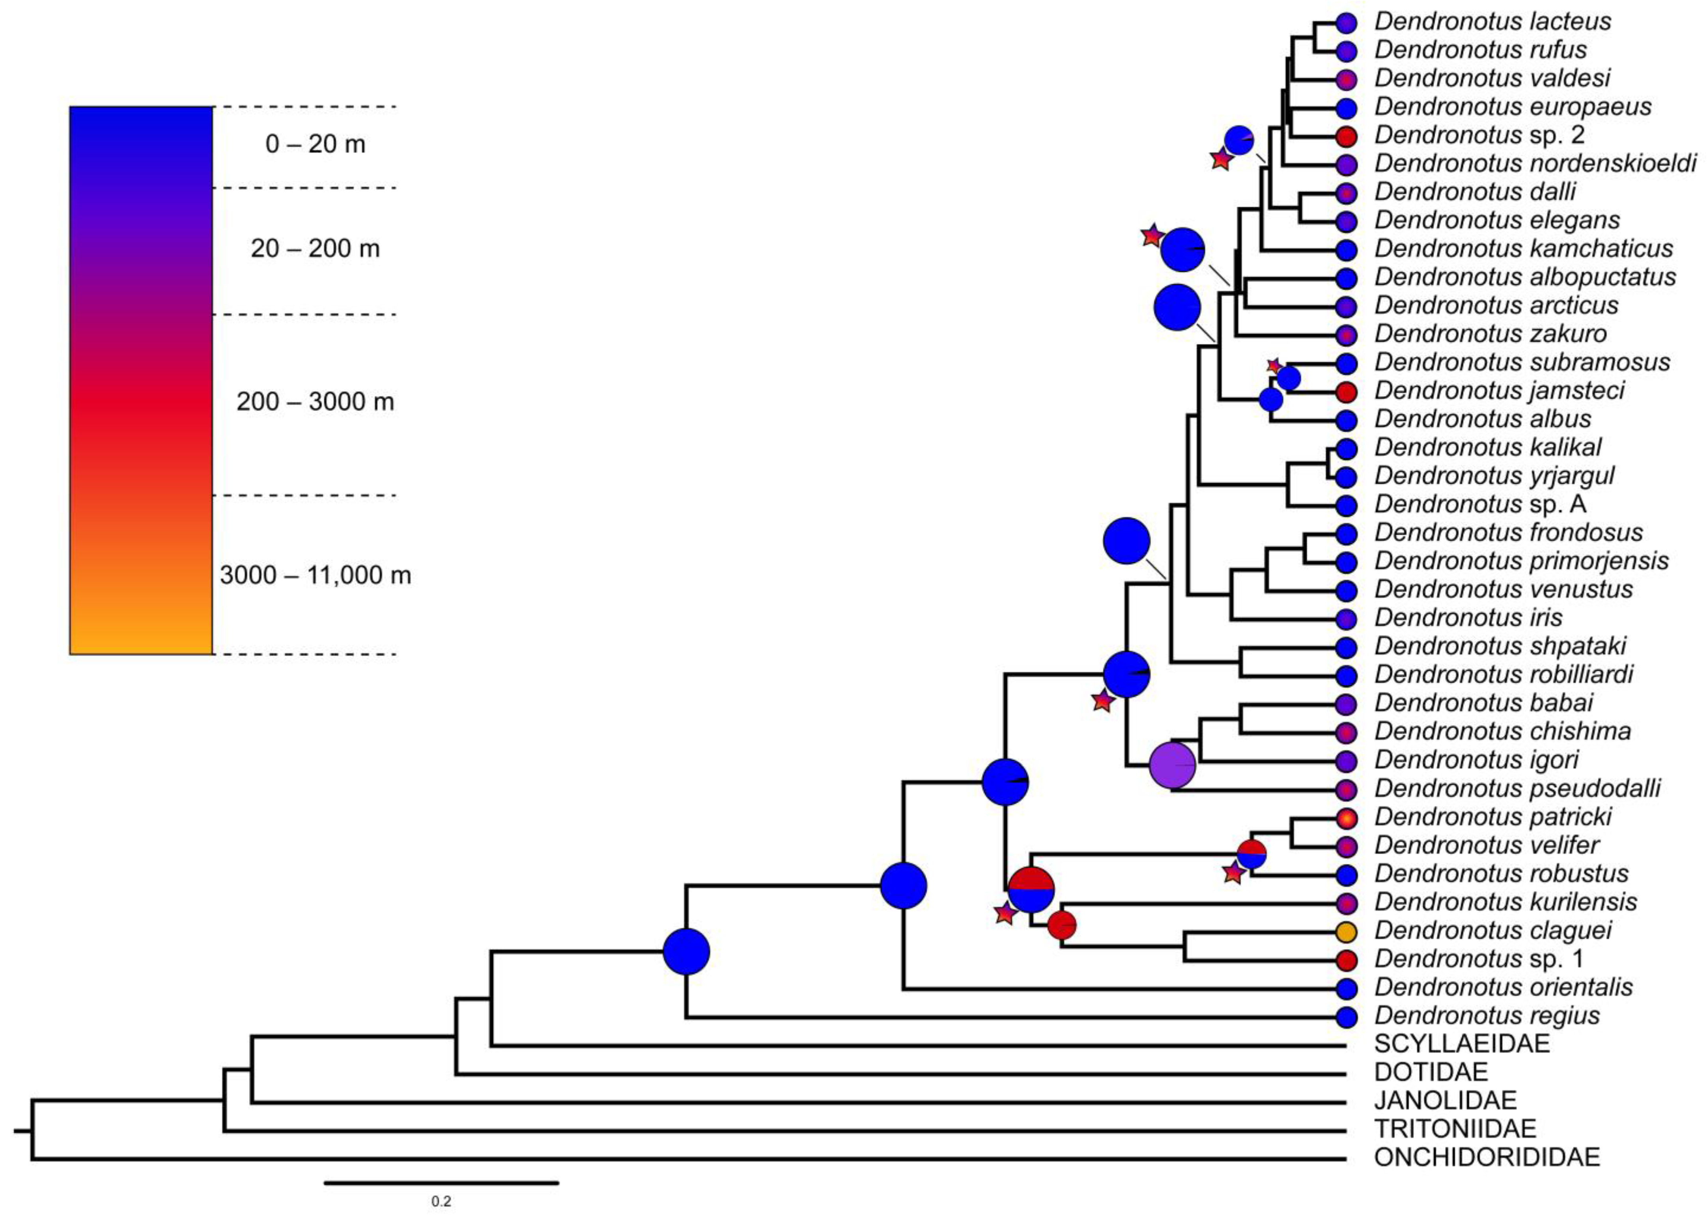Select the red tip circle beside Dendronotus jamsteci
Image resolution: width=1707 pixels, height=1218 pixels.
click(x=1347, y=391)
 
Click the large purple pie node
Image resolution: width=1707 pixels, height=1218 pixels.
click(x=1172, y=765)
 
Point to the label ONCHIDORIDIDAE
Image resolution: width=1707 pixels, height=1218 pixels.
click(x=1487, y=1157)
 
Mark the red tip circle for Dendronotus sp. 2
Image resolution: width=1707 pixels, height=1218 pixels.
click(x=1347, y=136)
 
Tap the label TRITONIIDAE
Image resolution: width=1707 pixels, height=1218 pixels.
click(x=1455, y=1129)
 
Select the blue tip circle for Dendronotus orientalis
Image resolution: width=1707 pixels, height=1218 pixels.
click(x=1347, y=988)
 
